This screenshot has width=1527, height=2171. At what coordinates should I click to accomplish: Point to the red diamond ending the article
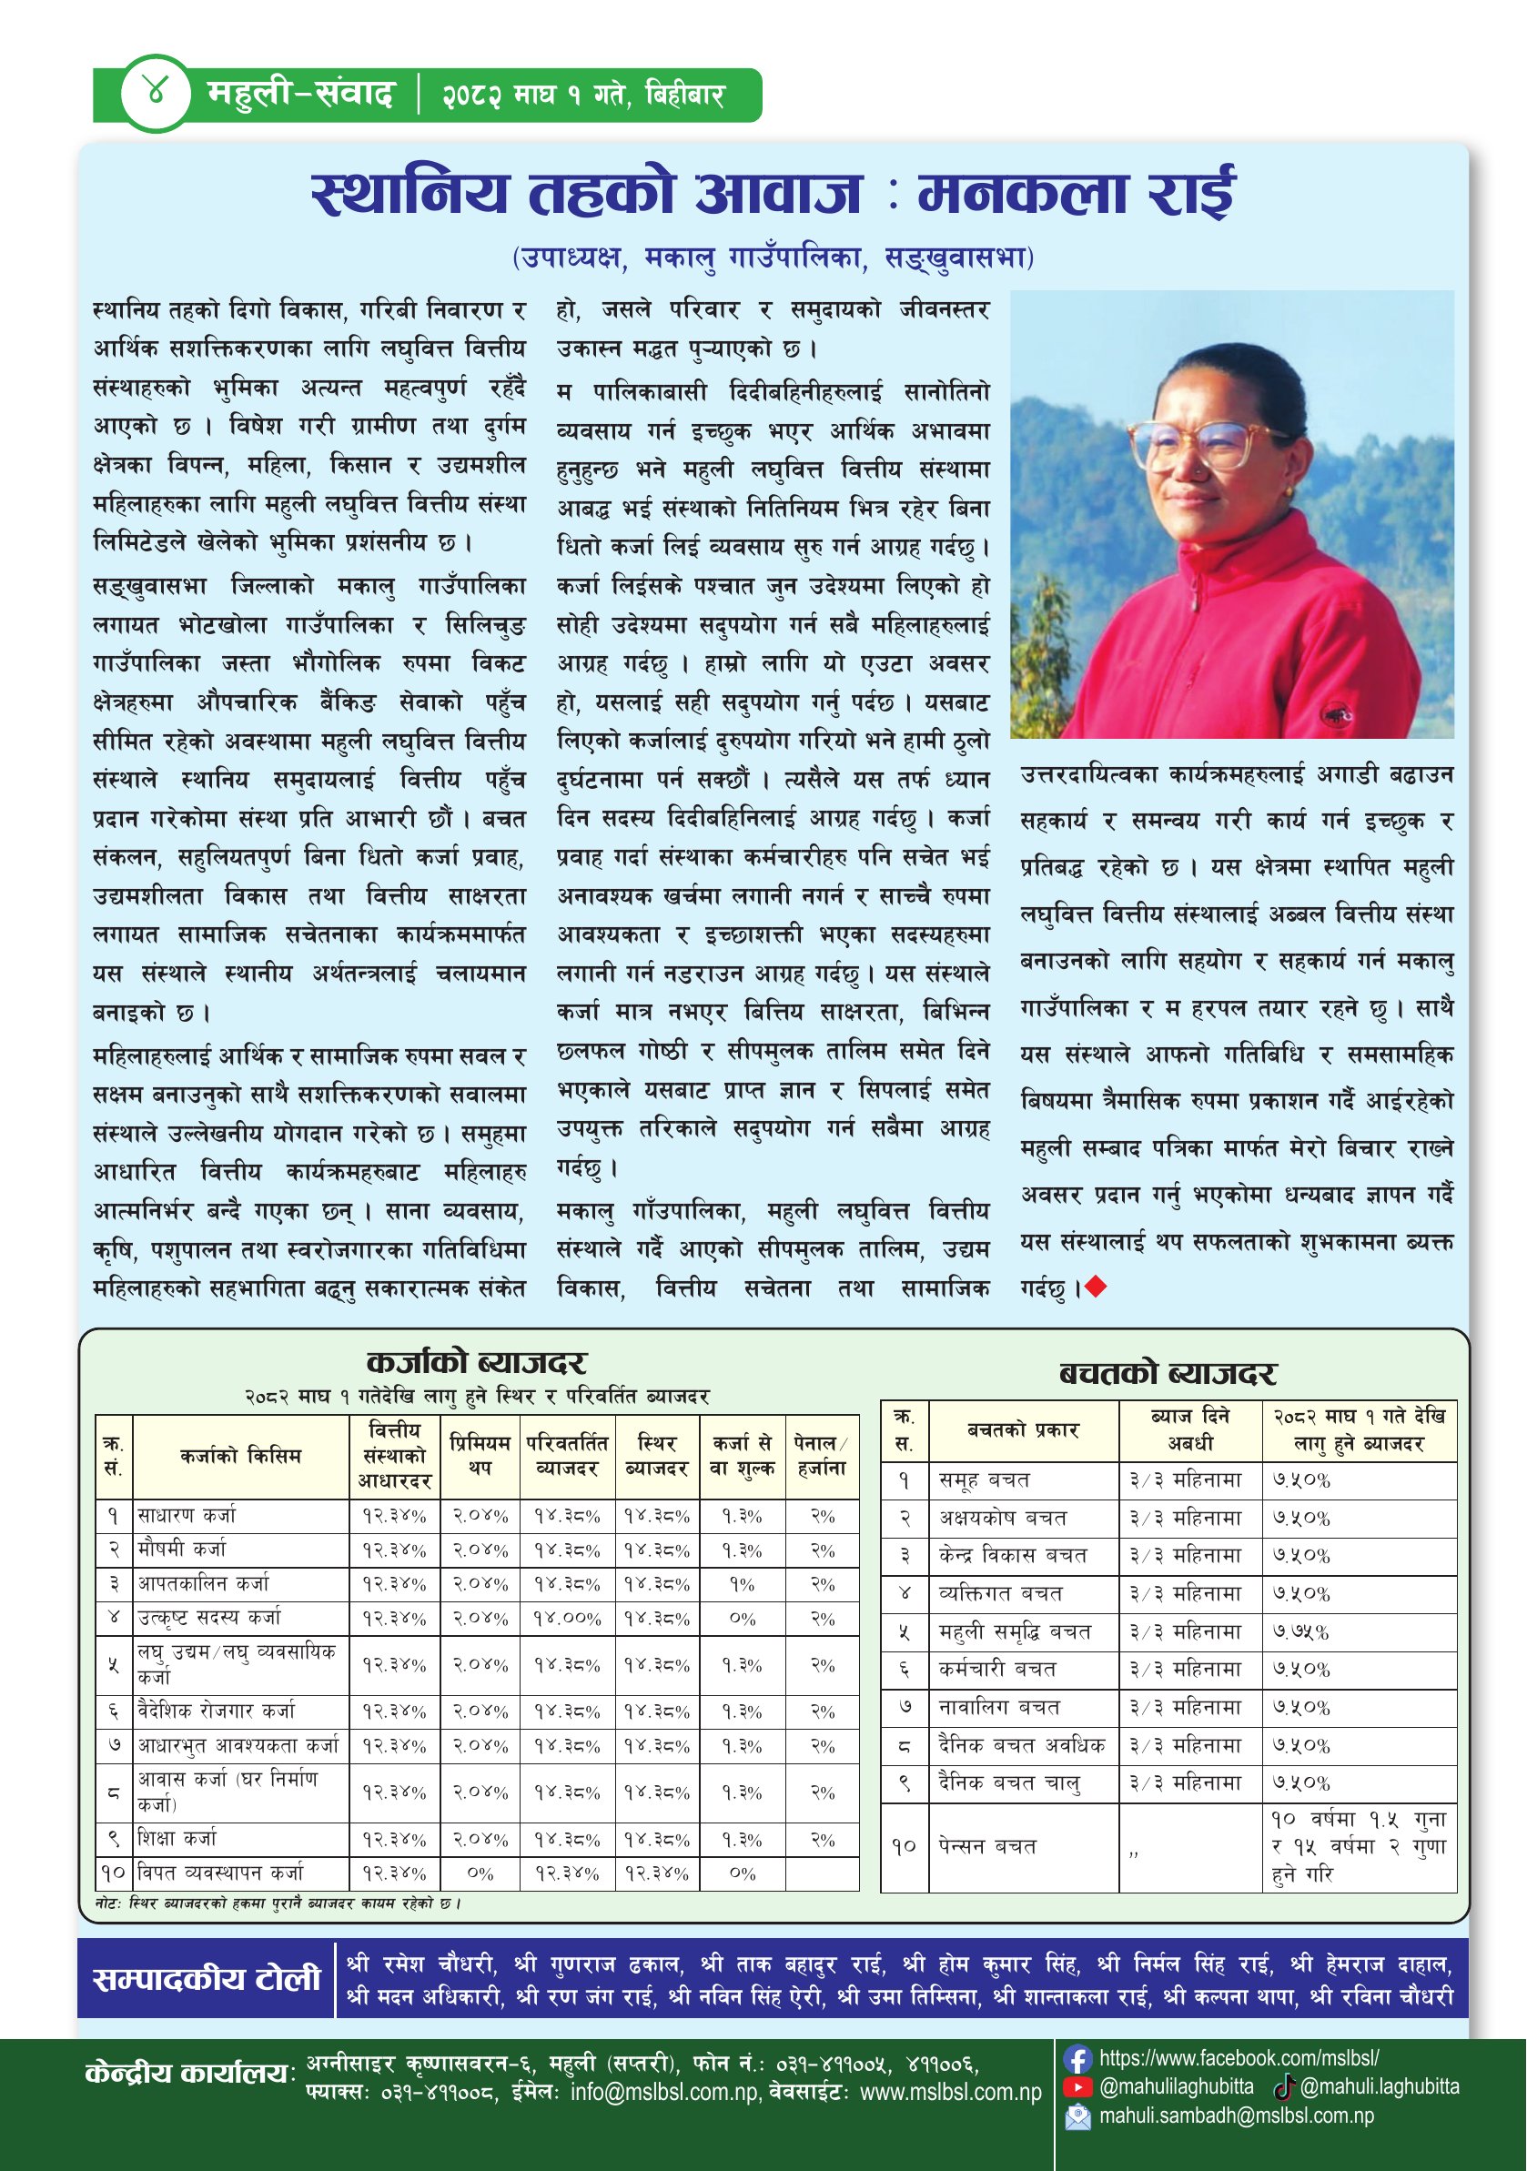point(1096,1286)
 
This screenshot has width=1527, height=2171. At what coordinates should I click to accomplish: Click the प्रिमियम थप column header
point(480,1456)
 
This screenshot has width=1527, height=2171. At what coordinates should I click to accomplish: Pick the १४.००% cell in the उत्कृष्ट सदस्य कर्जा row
point(566,1618)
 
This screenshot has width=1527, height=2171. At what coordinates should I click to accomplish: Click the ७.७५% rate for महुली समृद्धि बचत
point(1301,1631)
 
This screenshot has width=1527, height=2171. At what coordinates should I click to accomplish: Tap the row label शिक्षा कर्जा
point(177,1838)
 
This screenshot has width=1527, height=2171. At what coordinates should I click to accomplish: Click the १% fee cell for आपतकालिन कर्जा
point(743,1584)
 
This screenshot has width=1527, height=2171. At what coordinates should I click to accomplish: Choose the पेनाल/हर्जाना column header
point(822,1456)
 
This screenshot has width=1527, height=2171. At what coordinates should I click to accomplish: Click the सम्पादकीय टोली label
point(207,1979)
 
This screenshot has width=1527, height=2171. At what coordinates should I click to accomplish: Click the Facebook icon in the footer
point(1077,2058)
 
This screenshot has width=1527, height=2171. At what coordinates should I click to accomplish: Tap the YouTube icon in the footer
point(1077,2087)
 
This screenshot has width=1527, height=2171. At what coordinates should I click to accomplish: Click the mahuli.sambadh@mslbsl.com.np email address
point(1236,2115)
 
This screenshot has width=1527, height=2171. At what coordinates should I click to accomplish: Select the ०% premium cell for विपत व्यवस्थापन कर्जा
point(480,1873)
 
